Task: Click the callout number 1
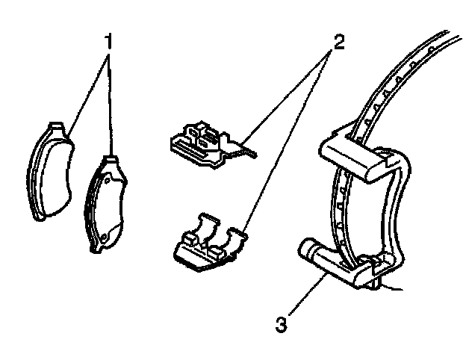tap(109, 43)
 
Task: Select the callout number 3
tap(281, 325)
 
